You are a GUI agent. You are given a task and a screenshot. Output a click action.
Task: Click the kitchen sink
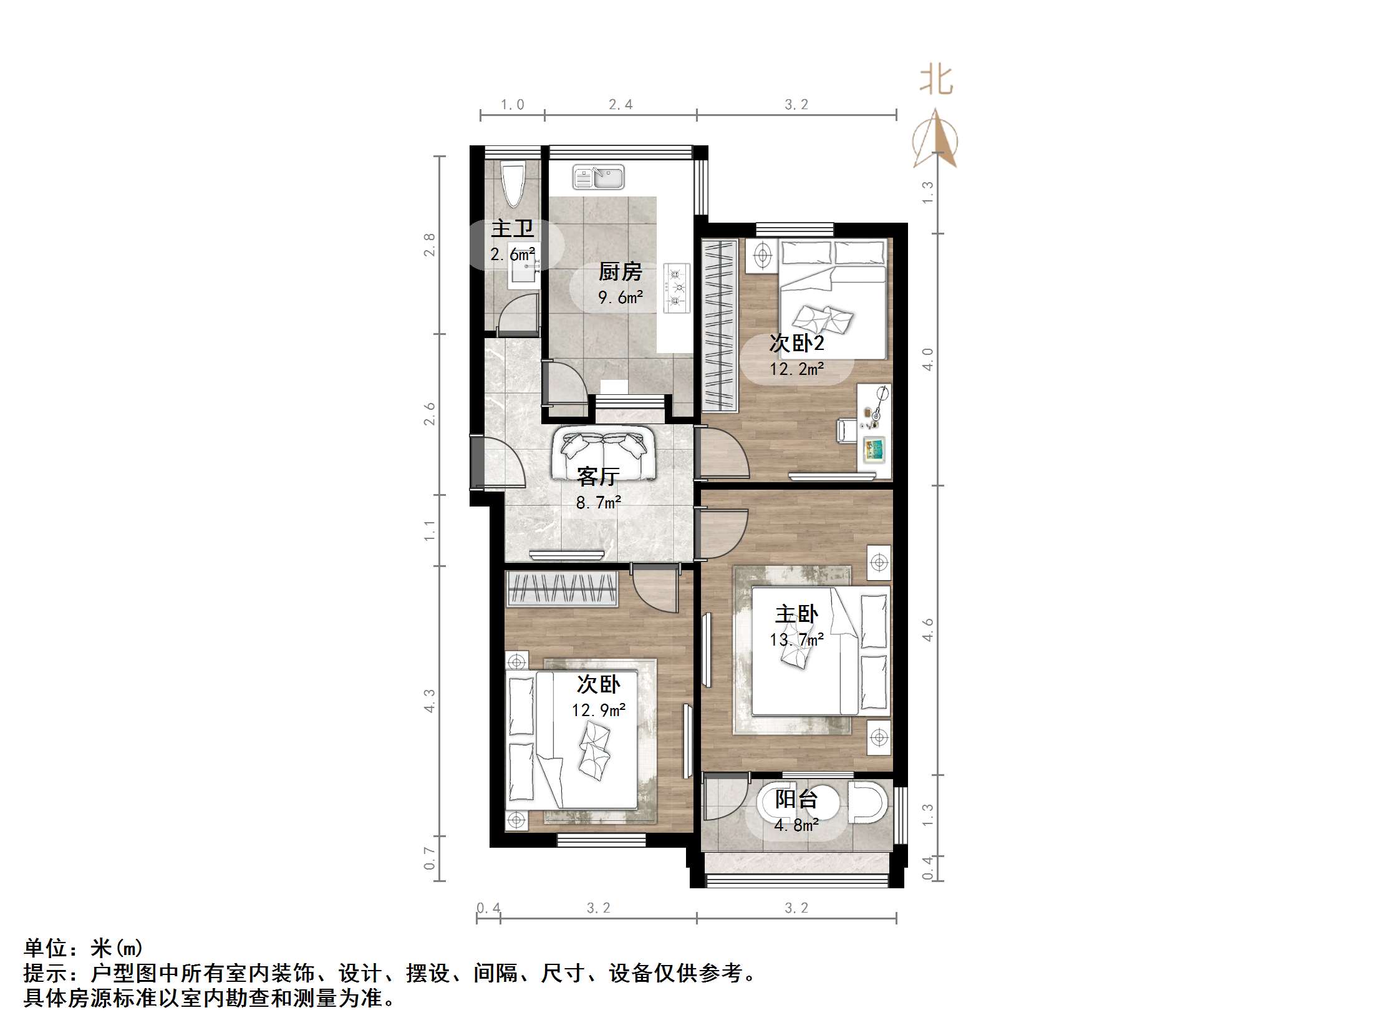click(598, 178)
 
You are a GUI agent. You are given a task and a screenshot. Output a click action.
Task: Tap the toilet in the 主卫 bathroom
click(513, 183)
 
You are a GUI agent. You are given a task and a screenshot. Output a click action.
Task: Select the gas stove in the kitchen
click(677, 288)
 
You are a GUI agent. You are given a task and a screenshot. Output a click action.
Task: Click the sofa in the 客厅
click(603, 453)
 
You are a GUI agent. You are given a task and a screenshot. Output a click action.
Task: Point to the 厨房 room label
click(620, 272)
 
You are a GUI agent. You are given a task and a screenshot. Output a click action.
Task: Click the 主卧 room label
click(796, 614)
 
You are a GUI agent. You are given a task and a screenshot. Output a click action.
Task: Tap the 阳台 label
click(796, 799)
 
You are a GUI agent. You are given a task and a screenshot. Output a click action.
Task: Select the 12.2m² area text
click(796, 369)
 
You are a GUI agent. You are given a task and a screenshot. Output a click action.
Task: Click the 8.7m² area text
click(598, 503)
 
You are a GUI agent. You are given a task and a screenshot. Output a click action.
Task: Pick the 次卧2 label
click(796, 343)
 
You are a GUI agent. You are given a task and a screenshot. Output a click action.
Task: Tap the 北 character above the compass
click(936, 81)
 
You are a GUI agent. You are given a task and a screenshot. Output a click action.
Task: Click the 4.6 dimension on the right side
click(928, 630)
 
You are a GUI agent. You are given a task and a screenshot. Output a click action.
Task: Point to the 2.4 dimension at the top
click(621, 105)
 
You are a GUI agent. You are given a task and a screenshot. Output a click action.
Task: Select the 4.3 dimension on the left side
click(430, 701)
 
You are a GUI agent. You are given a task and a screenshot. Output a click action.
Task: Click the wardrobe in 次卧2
click(720, 324)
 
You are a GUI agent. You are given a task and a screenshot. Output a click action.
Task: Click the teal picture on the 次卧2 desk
click(874, 449)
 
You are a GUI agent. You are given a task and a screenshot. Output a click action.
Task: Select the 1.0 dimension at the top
click(512, 105)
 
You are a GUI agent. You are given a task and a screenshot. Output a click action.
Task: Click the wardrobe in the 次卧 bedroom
click(561, 588)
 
